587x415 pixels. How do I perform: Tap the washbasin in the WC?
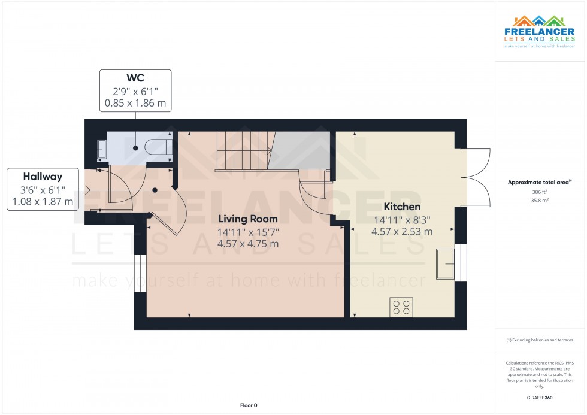point(102,148)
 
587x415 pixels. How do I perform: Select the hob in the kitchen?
point(401,307)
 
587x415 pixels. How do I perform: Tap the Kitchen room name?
point(402,207)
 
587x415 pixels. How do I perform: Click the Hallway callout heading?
point(43,177)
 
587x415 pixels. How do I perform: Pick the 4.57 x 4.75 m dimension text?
point(248,244)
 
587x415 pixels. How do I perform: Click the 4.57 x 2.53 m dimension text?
point(402,232)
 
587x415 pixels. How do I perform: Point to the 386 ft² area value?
point(540,192)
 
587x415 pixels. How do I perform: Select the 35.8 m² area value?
point(540,201)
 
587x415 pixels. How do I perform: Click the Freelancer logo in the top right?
point(540,31)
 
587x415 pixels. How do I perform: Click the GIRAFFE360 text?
point(540,397)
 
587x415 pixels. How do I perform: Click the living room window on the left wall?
point(140,274)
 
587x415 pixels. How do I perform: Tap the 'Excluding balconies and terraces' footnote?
point(540,340)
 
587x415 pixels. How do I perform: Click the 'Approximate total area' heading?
point(539,182)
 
